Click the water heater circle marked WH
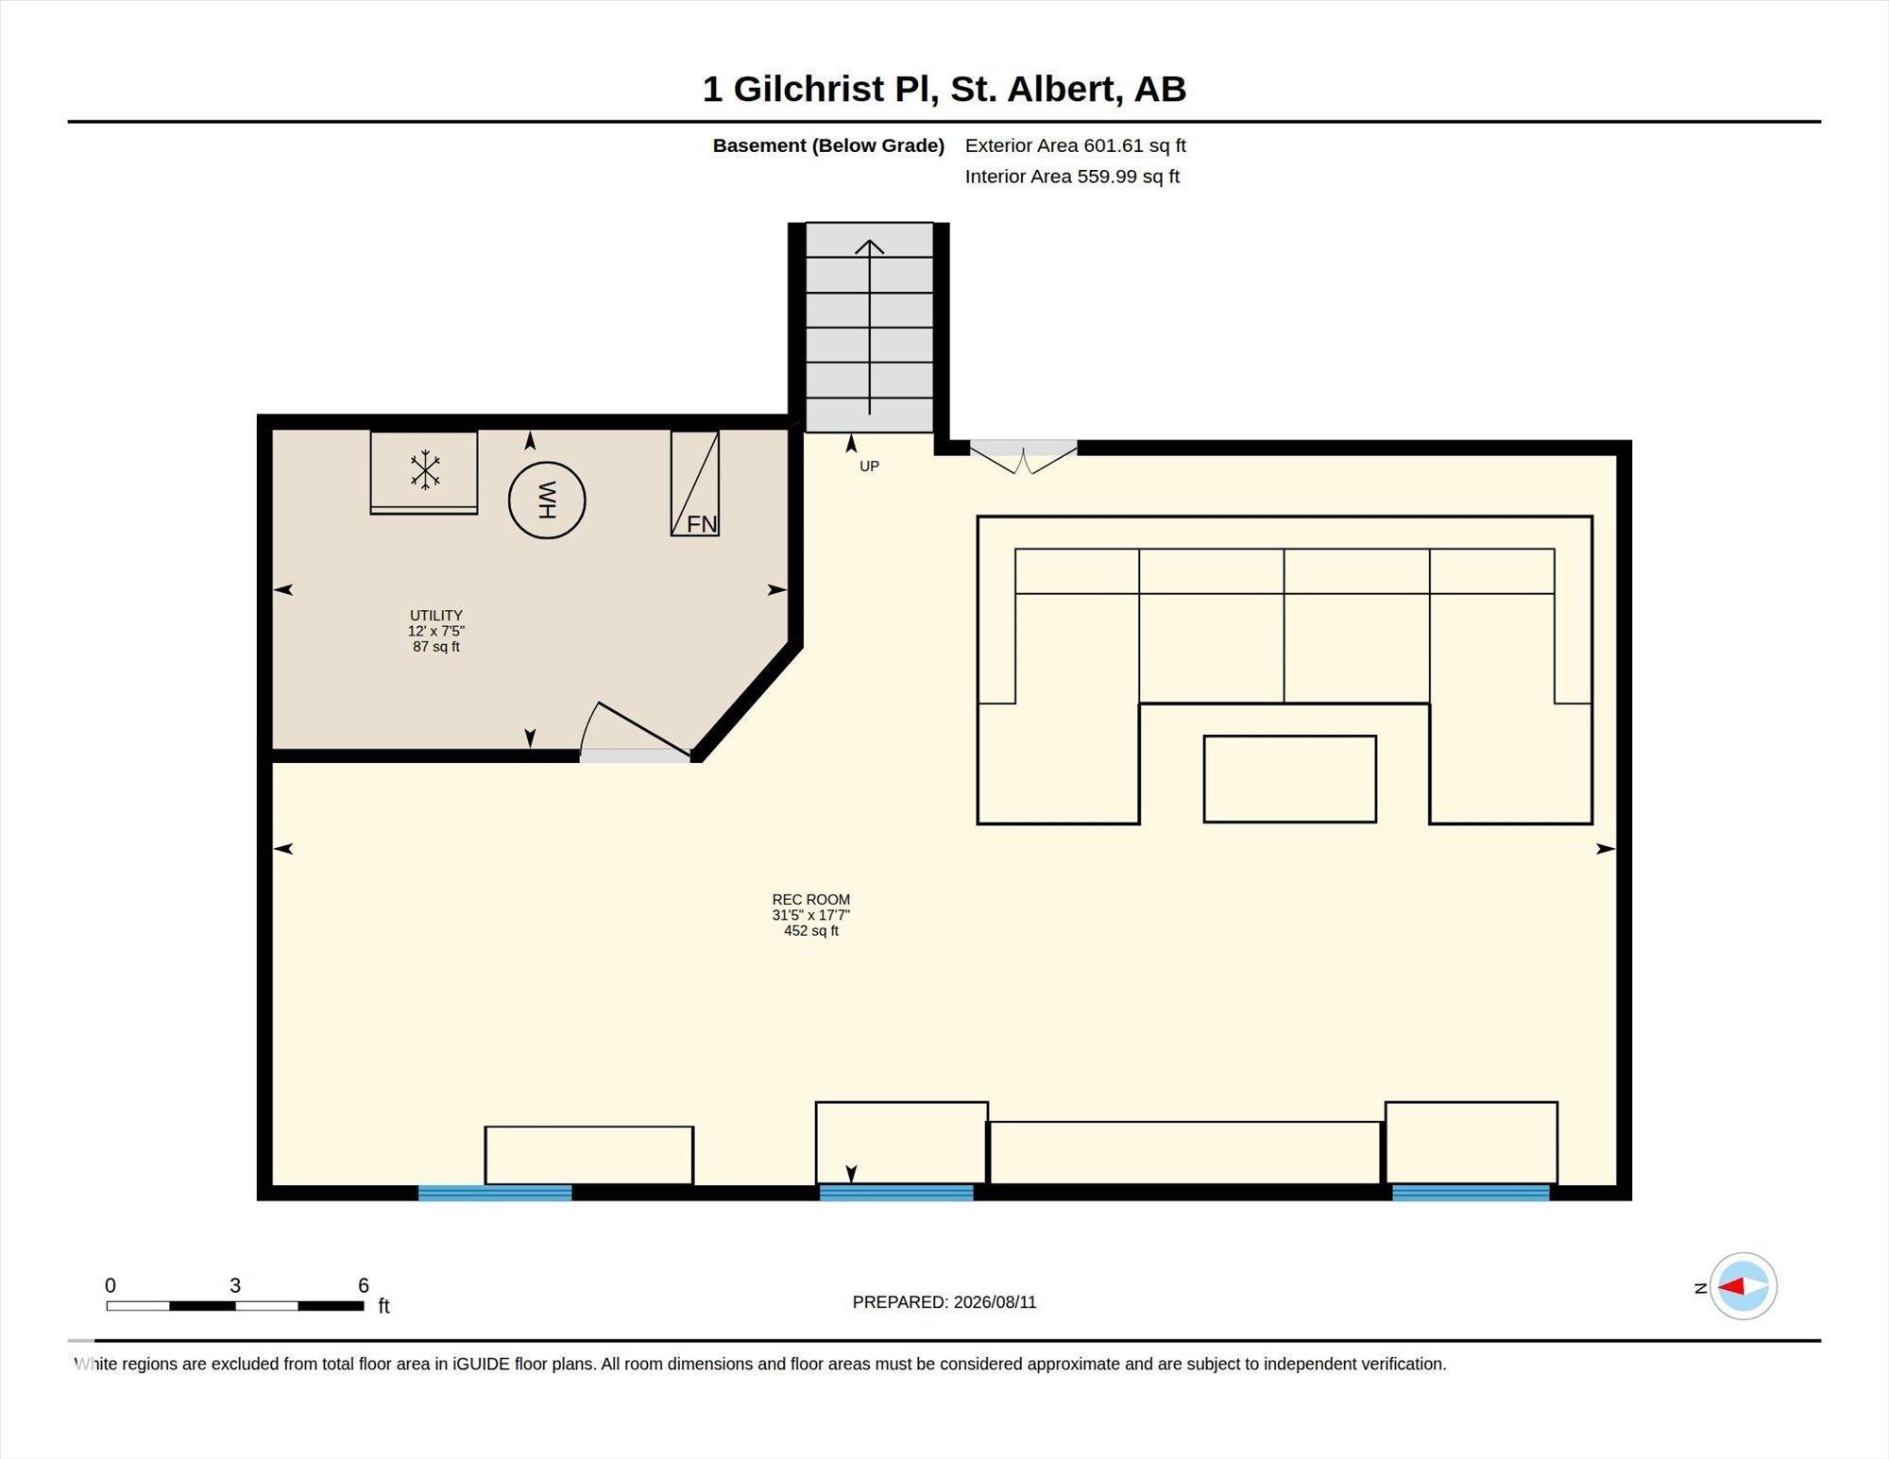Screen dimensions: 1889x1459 pyautogui.click(x=547, y=500)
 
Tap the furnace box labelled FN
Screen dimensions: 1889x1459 pyautogui.click(x=695, y=484)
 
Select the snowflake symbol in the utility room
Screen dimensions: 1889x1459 pyautogui.click(x=425, y=470)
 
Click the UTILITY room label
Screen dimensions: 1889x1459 pyautogui.click(x=436, y=615)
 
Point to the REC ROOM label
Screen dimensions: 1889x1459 pyautogui.click(x=811, y=900)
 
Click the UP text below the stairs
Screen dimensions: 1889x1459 pyautogui.click(x=869, y=466)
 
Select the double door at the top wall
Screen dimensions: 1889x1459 pyautogui.click(x=1024, y=457)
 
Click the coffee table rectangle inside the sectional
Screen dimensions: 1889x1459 pyautogui.click(x=1289, y=779)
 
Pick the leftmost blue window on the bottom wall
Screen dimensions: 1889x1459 pyautogui.click(x=495, y=1193)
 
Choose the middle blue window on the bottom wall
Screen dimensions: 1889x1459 pyautogui.click(x=896, y=1193)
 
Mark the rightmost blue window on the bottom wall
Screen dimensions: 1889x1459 pyautogui.click(x=1471, y=1193)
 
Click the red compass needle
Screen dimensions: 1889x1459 pyautogui.click(x=1730, y=1286)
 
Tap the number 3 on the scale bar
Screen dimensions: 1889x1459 pyautogui.click(x=235, y=1285)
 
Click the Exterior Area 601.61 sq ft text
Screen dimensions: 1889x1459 pyautogui.click(x=1075, y=145)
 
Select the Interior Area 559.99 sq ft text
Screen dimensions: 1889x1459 pyautogui.click(x=1072, y=177)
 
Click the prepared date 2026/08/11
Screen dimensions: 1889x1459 pyautogui.click(x=995, y=1302)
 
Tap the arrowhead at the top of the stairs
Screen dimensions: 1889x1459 pyautogui.click(x=869, y=247)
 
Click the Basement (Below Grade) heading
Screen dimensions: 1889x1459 pyautogui.click(x=828, y=146)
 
